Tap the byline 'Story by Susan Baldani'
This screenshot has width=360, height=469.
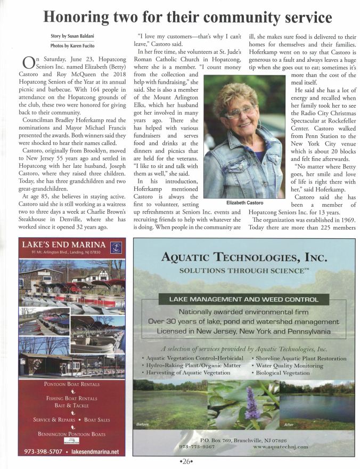pyautogui.click(x=65, y=35)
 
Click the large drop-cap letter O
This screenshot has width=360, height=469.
pyautogui.click(x=29, y=65)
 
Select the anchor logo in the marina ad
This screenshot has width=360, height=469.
pyautogui.click(x=116, y=247)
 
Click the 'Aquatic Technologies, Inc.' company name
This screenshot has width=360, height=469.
pyautogui.click(x=244, y=258)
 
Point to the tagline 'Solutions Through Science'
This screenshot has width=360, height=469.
pyautogui.click(x=244, y=271)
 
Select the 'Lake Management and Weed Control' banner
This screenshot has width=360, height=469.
pyautogui.click(x=244, y=300)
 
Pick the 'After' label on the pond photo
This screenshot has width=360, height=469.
pyautogui.click(x=289, y=424)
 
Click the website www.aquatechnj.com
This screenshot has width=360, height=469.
pyautogui.click(x=281, y=447)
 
